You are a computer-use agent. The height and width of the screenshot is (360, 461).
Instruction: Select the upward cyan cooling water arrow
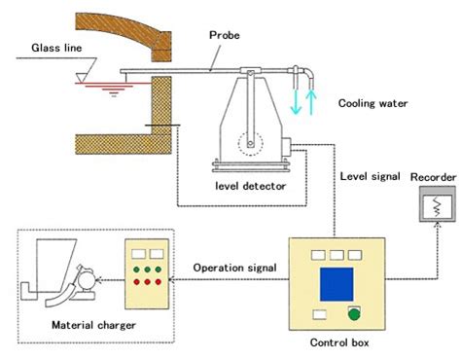click(310, 103)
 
